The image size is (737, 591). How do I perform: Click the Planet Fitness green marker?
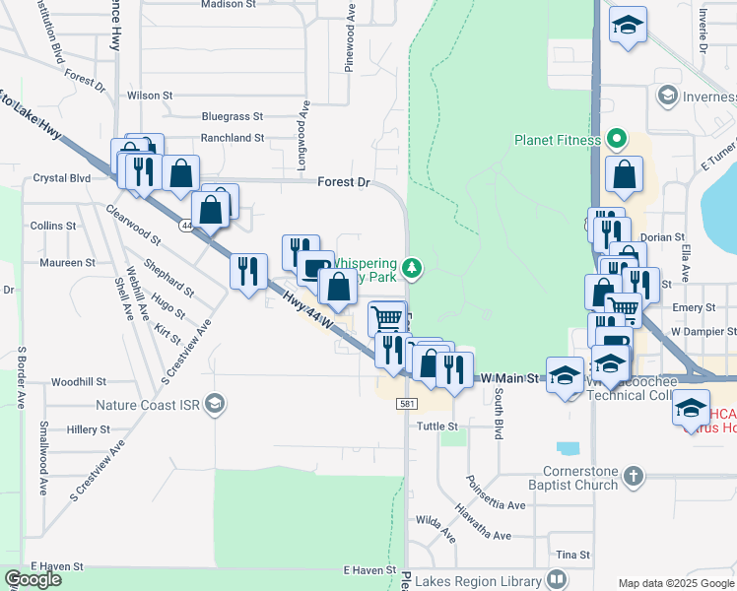(618, 139)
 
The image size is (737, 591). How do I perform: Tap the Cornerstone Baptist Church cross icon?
(634, 477)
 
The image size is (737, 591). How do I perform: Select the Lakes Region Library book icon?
(557, 579)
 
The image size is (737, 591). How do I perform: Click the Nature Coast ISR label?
(148, 404)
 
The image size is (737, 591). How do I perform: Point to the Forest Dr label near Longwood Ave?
(343, 182)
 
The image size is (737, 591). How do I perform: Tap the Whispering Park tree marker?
(413, 266)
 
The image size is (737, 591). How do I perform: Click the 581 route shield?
(407, 404)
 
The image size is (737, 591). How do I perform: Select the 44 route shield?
(186, 226)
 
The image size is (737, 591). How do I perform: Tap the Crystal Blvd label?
(61, 178)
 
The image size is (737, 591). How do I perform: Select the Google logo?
(33, 579)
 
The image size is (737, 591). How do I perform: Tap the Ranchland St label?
(233, 139)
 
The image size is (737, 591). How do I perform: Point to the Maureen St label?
(67, 263)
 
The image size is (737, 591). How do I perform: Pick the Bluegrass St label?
(233, 115)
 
